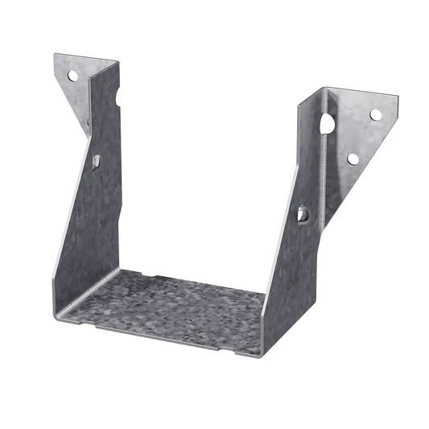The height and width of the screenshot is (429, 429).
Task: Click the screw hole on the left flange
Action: coord(71,77)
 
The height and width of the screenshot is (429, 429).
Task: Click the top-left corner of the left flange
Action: coord(52,54)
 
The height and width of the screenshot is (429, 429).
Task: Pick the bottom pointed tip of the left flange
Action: coord(88,129)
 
